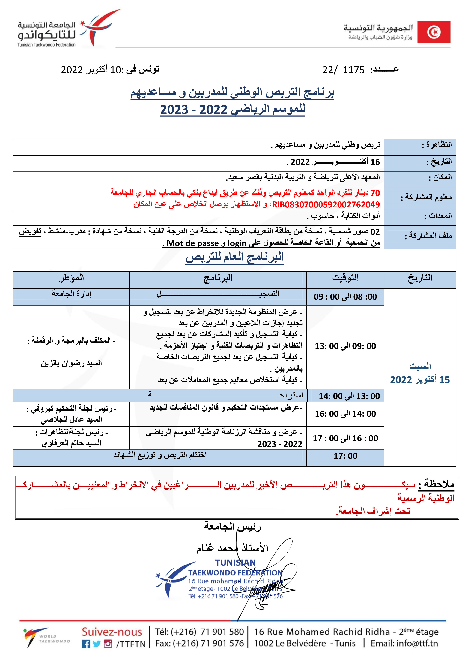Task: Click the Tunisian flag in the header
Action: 434,32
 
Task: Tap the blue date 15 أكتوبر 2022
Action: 420,380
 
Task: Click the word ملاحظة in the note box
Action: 439,484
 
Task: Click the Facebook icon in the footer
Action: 86,644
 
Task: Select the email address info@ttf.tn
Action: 404,643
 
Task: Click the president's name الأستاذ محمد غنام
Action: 232,548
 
